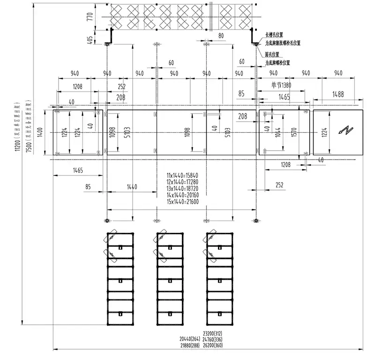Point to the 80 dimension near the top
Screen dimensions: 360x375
coord(221,35)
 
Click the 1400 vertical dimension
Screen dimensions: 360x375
coord(41,133)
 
